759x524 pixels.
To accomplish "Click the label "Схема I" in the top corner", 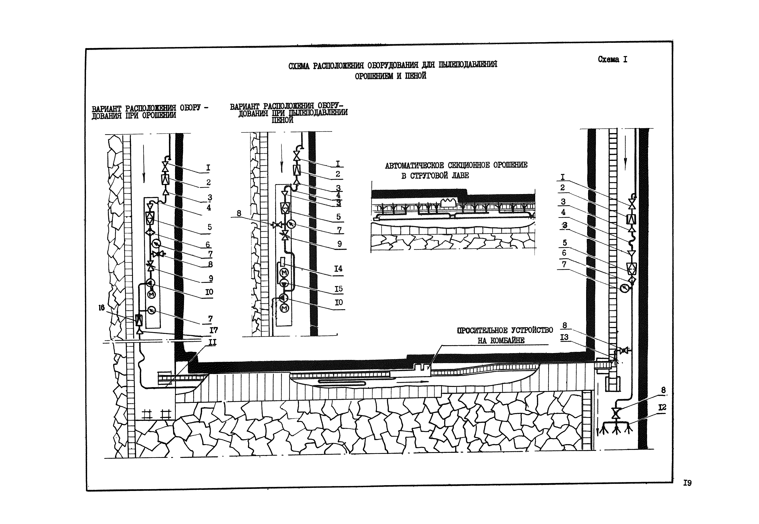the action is pos(612,59).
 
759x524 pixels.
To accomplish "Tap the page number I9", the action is pos(687,483).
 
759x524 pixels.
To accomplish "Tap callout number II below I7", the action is pos(213,342).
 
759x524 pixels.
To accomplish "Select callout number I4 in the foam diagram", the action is pos(338,269).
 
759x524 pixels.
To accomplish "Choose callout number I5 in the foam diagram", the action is pos(338,289).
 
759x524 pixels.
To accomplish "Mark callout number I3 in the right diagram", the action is pos(564,337).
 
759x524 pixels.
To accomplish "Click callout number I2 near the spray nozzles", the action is pos(662,408).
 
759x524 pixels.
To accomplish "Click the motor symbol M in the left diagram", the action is pos(151,295).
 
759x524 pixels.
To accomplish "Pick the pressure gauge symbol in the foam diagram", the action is pos(291,224).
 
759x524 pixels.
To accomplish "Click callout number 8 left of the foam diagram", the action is pos(239,213).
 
